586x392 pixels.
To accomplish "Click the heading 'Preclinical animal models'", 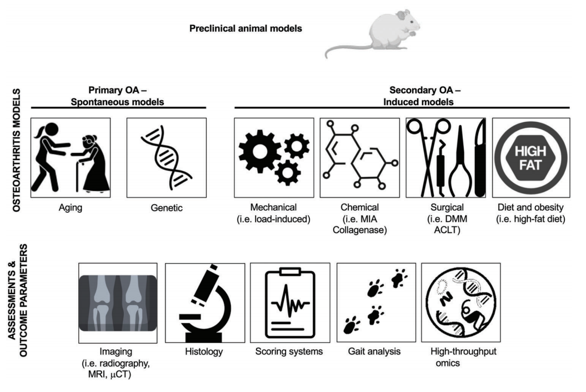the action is (x=246, y=28).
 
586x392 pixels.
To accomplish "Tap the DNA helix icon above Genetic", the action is (x=166, y=158).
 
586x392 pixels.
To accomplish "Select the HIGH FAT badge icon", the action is (x=530, y=158).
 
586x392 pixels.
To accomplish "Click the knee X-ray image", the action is (x=118, y=303).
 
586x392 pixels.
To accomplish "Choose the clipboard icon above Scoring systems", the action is (x=290, y=303).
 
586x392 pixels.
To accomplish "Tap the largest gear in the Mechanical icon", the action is (x=260, y=151).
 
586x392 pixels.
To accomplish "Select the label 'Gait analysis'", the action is (x=374, y=351).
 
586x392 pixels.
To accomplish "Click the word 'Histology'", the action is (x=204, y=351).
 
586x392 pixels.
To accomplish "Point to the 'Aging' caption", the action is (x=70, y=207).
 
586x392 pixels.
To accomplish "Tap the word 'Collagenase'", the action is (x=359, y=230).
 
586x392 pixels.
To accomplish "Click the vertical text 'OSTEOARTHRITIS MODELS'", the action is (x=17, y=150).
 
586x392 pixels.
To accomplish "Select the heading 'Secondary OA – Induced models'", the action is (x=422, y=96).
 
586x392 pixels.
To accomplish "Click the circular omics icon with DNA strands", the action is (x=461, y=302).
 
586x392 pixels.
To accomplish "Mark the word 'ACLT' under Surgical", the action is (x=447, y=230).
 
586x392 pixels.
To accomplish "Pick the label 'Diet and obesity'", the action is (x=530, y=207).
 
